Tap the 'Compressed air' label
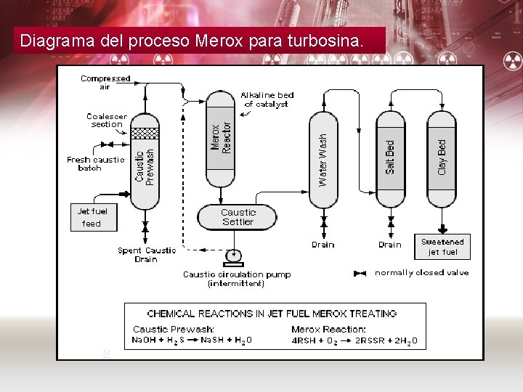coord(105,82)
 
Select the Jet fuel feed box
coord(92,217)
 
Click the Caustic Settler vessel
coord(238,216)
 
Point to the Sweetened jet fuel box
coord(442,247)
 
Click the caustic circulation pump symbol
coord(234,256)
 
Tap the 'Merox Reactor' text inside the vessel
coord(221,136)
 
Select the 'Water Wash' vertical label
coord(323,158)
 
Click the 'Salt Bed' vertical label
coord(390,157)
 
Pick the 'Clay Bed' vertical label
coord(442,156)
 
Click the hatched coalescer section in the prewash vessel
coord(144,133)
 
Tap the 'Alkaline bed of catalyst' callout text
coord(267,99)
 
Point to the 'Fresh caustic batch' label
coord(95,163)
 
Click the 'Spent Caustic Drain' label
coord(147,254)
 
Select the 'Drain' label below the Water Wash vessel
coord(323,245)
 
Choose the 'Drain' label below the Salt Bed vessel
coord(389,245)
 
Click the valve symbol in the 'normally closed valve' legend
coord(359,274)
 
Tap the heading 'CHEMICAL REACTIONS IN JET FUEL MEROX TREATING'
coord(272,314)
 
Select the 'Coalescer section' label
coord(106,120)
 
